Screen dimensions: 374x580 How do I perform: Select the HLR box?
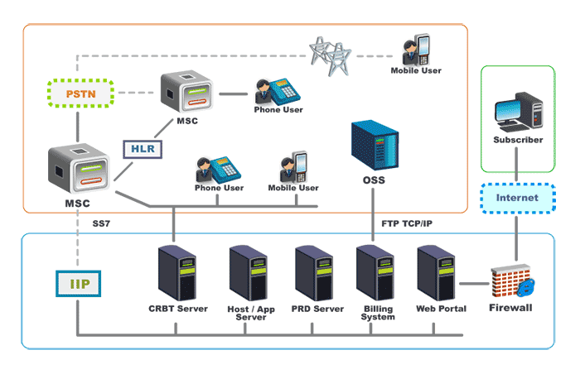pyautogui.click(x=143, y=149)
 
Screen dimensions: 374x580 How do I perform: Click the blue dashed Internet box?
pyautogui.click(x=517, y=198)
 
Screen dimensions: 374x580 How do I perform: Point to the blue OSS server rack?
pyautogui.click(x=373, y=146)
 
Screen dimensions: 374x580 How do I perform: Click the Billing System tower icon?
pyautogui.click(x=374, y=274)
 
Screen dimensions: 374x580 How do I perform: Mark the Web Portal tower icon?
pyautogui.click(x=435, y=274)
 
